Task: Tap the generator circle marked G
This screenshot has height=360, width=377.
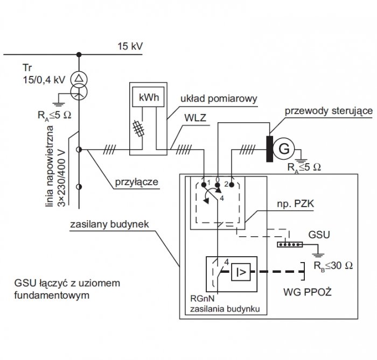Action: pyautogui.click(x=284, y=149)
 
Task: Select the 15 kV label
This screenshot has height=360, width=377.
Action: pyautogui.click(x=130, y=46)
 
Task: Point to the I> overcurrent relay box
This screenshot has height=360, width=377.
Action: pyautogui.click(x=241, y=272)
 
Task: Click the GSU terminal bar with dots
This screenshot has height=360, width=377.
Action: pyautogui.click(x=290, y=244)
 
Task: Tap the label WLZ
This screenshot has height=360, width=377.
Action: pyautogui.click(x=195, y=118)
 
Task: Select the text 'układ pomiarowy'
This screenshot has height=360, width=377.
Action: pyautogui.click(x=219, y=98)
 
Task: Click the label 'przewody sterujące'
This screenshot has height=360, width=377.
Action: pyautogui.click(x=329, y=111)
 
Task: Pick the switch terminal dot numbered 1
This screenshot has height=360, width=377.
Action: pyautogui.click(x=204, y=185)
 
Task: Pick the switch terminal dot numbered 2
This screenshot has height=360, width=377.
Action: pyautogui.click(x=232, y=185)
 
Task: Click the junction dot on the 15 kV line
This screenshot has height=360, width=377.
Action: pyautogui.click(x=79, y=54)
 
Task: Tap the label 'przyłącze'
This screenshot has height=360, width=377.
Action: pyautogui.click(x=137, y=182)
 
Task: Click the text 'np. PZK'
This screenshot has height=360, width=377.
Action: pyautogui.click(x=296, y=204)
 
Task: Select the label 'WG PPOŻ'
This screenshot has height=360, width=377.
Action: pyautogui.click(x=308, y=292)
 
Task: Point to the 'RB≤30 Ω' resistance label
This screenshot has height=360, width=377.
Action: pyautogui.click(x=333, y=266)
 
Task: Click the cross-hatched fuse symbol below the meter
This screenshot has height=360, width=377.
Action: pyautogui.click(x=139, y=129)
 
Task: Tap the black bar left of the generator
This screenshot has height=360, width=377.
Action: pyautogui.click(x=269, y=149)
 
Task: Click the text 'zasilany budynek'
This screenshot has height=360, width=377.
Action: pyautogui.click(x=109, y=224)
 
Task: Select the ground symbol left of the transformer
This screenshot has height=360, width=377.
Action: pyautogui.click(x=59, y=104)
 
